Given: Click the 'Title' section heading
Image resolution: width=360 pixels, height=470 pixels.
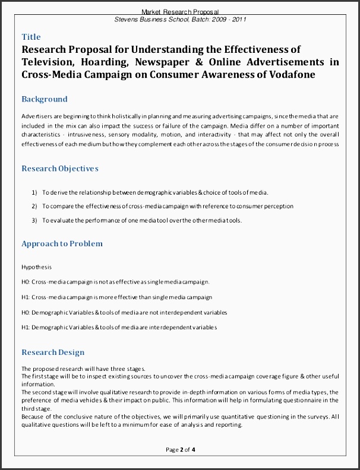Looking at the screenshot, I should (31, 37).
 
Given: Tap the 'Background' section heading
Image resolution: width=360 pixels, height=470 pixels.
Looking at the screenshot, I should (45, 99).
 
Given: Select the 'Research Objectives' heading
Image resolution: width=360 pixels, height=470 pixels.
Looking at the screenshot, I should (60, 169).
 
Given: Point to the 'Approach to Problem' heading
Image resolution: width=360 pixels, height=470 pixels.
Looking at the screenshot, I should (62, 243).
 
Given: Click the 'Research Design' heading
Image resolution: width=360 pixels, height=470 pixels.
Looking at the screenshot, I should (53, 352).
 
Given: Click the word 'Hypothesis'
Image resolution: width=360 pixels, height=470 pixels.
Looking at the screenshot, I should (36, 267).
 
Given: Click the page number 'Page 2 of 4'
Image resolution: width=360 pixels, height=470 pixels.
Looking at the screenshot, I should (180, 449).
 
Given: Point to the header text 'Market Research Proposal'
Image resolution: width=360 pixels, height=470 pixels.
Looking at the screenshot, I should (180, 11).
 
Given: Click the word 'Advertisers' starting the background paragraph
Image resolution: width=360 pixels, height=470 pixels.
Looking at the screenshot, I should (36, 116).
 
